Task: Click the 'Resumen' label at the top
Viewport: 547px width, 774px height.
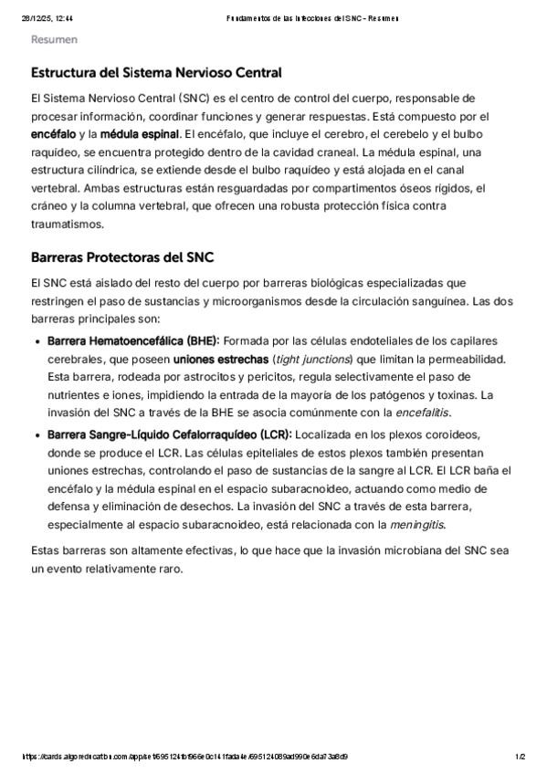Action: pyautogui.click(x=54, y=40)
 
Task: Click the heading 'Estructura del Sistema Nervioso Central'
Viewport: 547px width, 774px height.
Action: pyautogui.click(x=156, y=73)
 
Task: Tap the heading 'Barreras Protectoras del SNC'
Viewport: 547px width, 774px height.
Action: pyautogui.click(x=122, y=257)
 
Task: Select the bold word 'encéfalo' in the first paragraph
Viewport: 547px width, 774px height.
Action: pyautogui.click(x=53, y=133)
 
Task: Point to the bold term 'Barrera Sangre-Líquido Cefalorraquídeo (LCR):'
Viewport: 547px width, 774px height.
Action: pyautogui.click(x=169, y=434)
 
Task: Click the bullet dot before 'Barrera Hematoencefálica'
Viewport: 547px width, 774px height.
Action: pyautogui.click(x=37, y=341)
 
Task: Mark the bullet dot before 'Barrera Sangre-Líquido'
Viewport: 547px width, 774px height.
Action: pyautogui.click(x=37, y=434)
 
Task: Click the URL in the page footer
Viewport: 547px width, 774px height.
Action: pyautogui.click(x=184, y=757)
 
